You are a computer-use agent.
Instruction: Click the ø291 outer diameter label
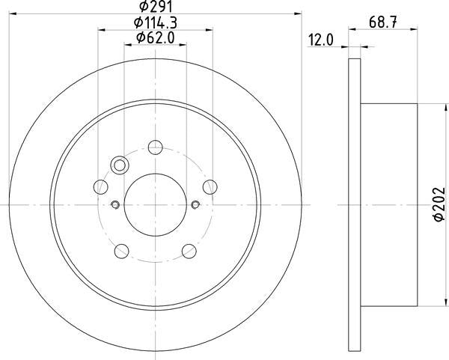156,10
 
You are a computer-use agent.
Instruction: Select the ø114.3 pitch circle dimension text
156,24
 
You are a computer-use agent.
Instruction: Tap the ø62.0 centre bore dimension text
156,37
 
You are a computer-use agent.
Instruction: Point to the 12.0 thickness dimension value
320,40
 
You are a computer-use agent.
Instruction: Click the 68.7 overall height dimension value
382,23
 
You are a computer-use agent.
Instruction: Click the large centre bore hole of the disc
155,204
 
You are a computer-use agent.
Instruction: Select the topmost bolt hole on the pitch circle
155,147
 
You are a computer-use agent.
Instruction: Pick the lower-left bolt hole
121,250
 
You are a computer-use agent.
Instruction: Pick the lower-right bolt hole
189,250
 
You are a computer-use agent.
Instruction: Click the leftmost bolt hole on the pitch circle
100,186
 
